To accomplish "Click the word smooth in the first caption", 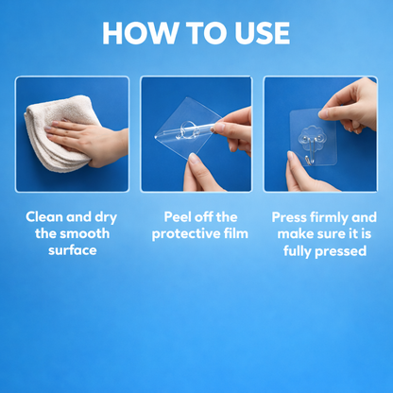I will [x=85, y=233].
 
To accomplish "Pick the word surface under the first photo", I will [x=72, y=250].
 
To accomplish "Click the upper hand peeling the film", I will [x=236, y=123].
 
